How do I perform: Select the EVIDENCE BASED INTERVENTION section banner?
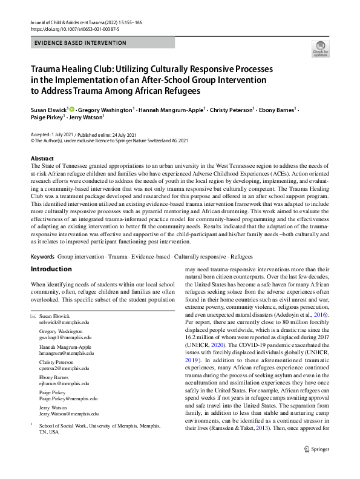[80, 43]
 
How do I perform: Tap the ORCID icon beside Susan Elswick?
[71, 110]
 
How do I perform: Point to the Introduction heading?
[51, 269]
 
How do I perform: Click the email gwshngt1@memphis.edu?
[65, 338]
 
